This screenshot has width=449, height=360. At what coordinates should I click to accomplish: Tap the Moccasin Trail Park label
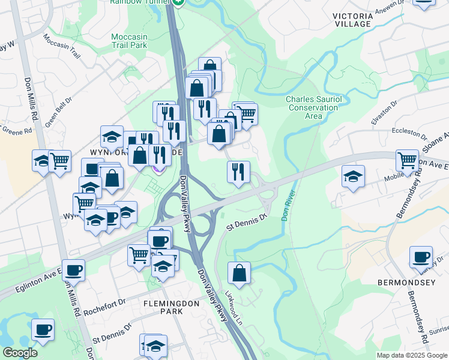point(129,40)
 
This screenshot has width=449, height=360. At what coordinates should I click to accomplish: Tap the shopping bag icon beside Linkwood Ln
point(239,274)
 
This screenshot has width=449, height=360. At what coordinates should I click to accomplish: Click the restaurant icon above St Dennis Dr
point(238,172)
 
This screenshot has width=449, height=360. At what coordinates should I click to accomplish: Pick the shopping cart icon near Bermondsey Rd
point(407,161)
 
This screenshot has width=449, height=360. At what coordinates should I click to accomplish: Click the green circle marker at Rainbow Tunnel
point(178,2)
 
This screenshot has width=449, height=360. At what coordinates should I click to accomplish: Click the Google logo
point(20,353)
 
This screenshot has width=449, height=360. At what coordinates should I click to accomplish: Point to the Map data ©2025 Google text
point(412,355)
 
